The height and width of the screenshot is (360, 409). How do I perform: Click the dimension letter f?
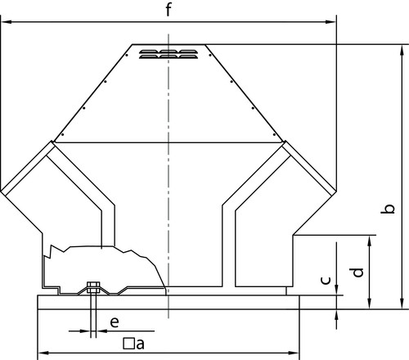169,10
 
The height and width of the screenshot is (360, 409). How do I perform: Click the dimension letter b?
388,209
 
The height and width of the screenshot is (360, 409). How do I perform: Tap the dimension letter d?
357,272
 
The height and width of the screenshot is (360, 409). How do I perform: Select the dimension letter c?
326,281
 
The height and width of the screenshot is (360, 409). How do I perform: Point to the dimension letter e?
115,322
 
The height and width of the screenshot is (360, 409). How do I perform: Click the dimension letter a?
140,344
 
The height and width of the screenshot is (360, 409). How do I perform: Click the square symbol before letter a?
128,344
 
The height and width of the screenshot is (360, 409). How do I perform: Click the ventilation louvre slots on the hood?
169,54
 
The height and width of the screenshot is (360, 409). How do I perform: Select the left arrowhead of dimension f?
6,22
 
